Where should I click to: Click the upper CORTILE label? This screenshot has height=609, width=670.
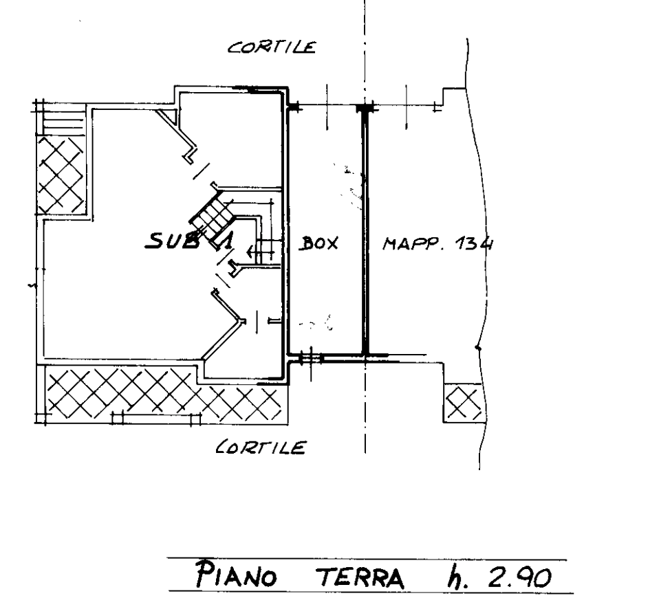pos(272,47)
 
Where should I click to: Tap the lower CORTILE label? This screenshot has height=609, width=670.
pos(260,447)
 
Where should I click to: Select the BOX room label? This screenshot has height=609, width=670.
pos(318,243)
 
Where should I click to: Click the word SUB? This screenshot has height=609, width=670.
pos(173,241)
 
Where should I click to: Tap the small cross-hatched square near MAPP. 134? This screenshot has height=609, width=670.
pos(463,403)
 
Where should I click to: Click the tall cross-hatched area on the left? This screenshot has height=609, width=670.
pos(61,175)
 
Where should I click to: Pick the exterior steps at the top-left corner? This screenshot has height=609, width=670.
pos(63,121)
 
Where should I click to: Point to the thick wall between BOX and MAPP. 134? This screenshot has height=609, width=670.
pos(365,231)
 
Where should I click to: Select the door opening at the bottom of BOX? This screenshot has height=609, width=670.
pos(311,358)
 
